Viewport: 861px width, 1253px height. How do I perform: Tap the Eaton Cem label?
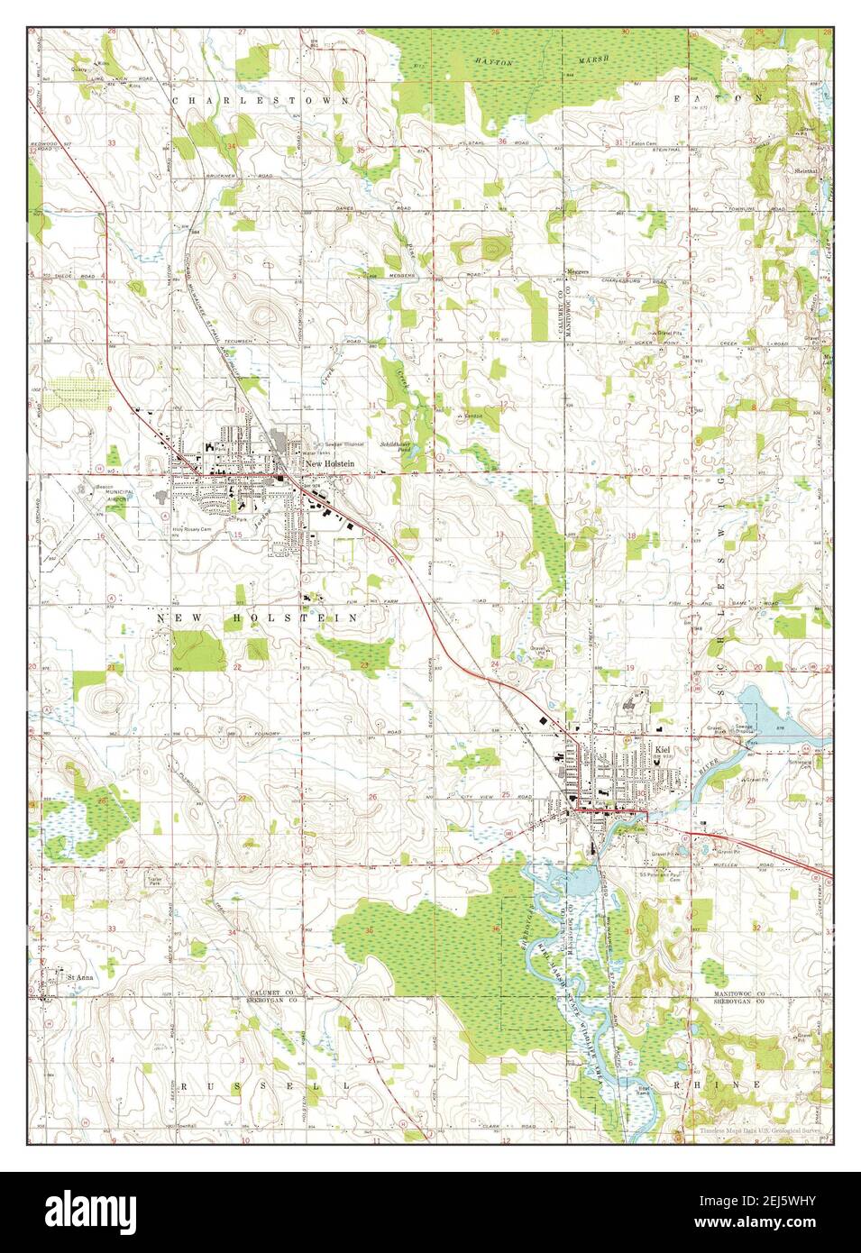pos(643,143)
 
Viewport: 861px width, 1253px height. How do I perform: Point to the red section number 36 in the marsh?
pos(495,929)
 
